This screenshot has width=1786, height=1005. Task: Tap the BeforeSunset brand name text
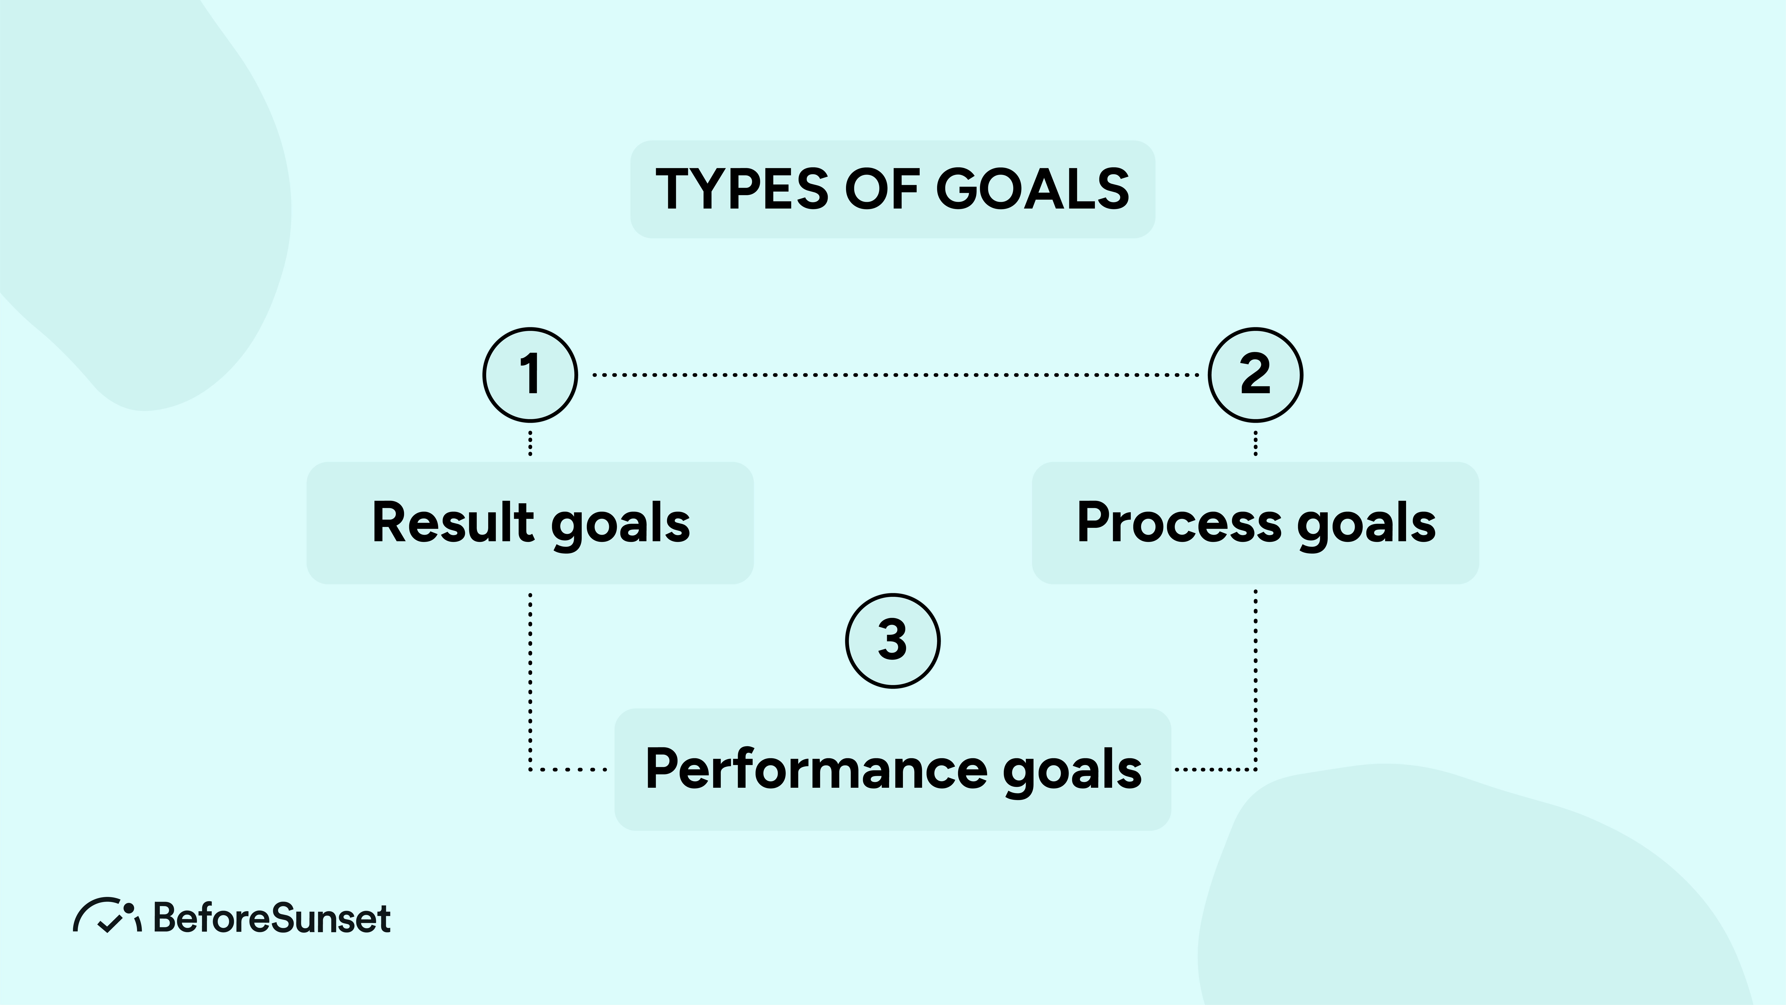click(272, 918)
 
